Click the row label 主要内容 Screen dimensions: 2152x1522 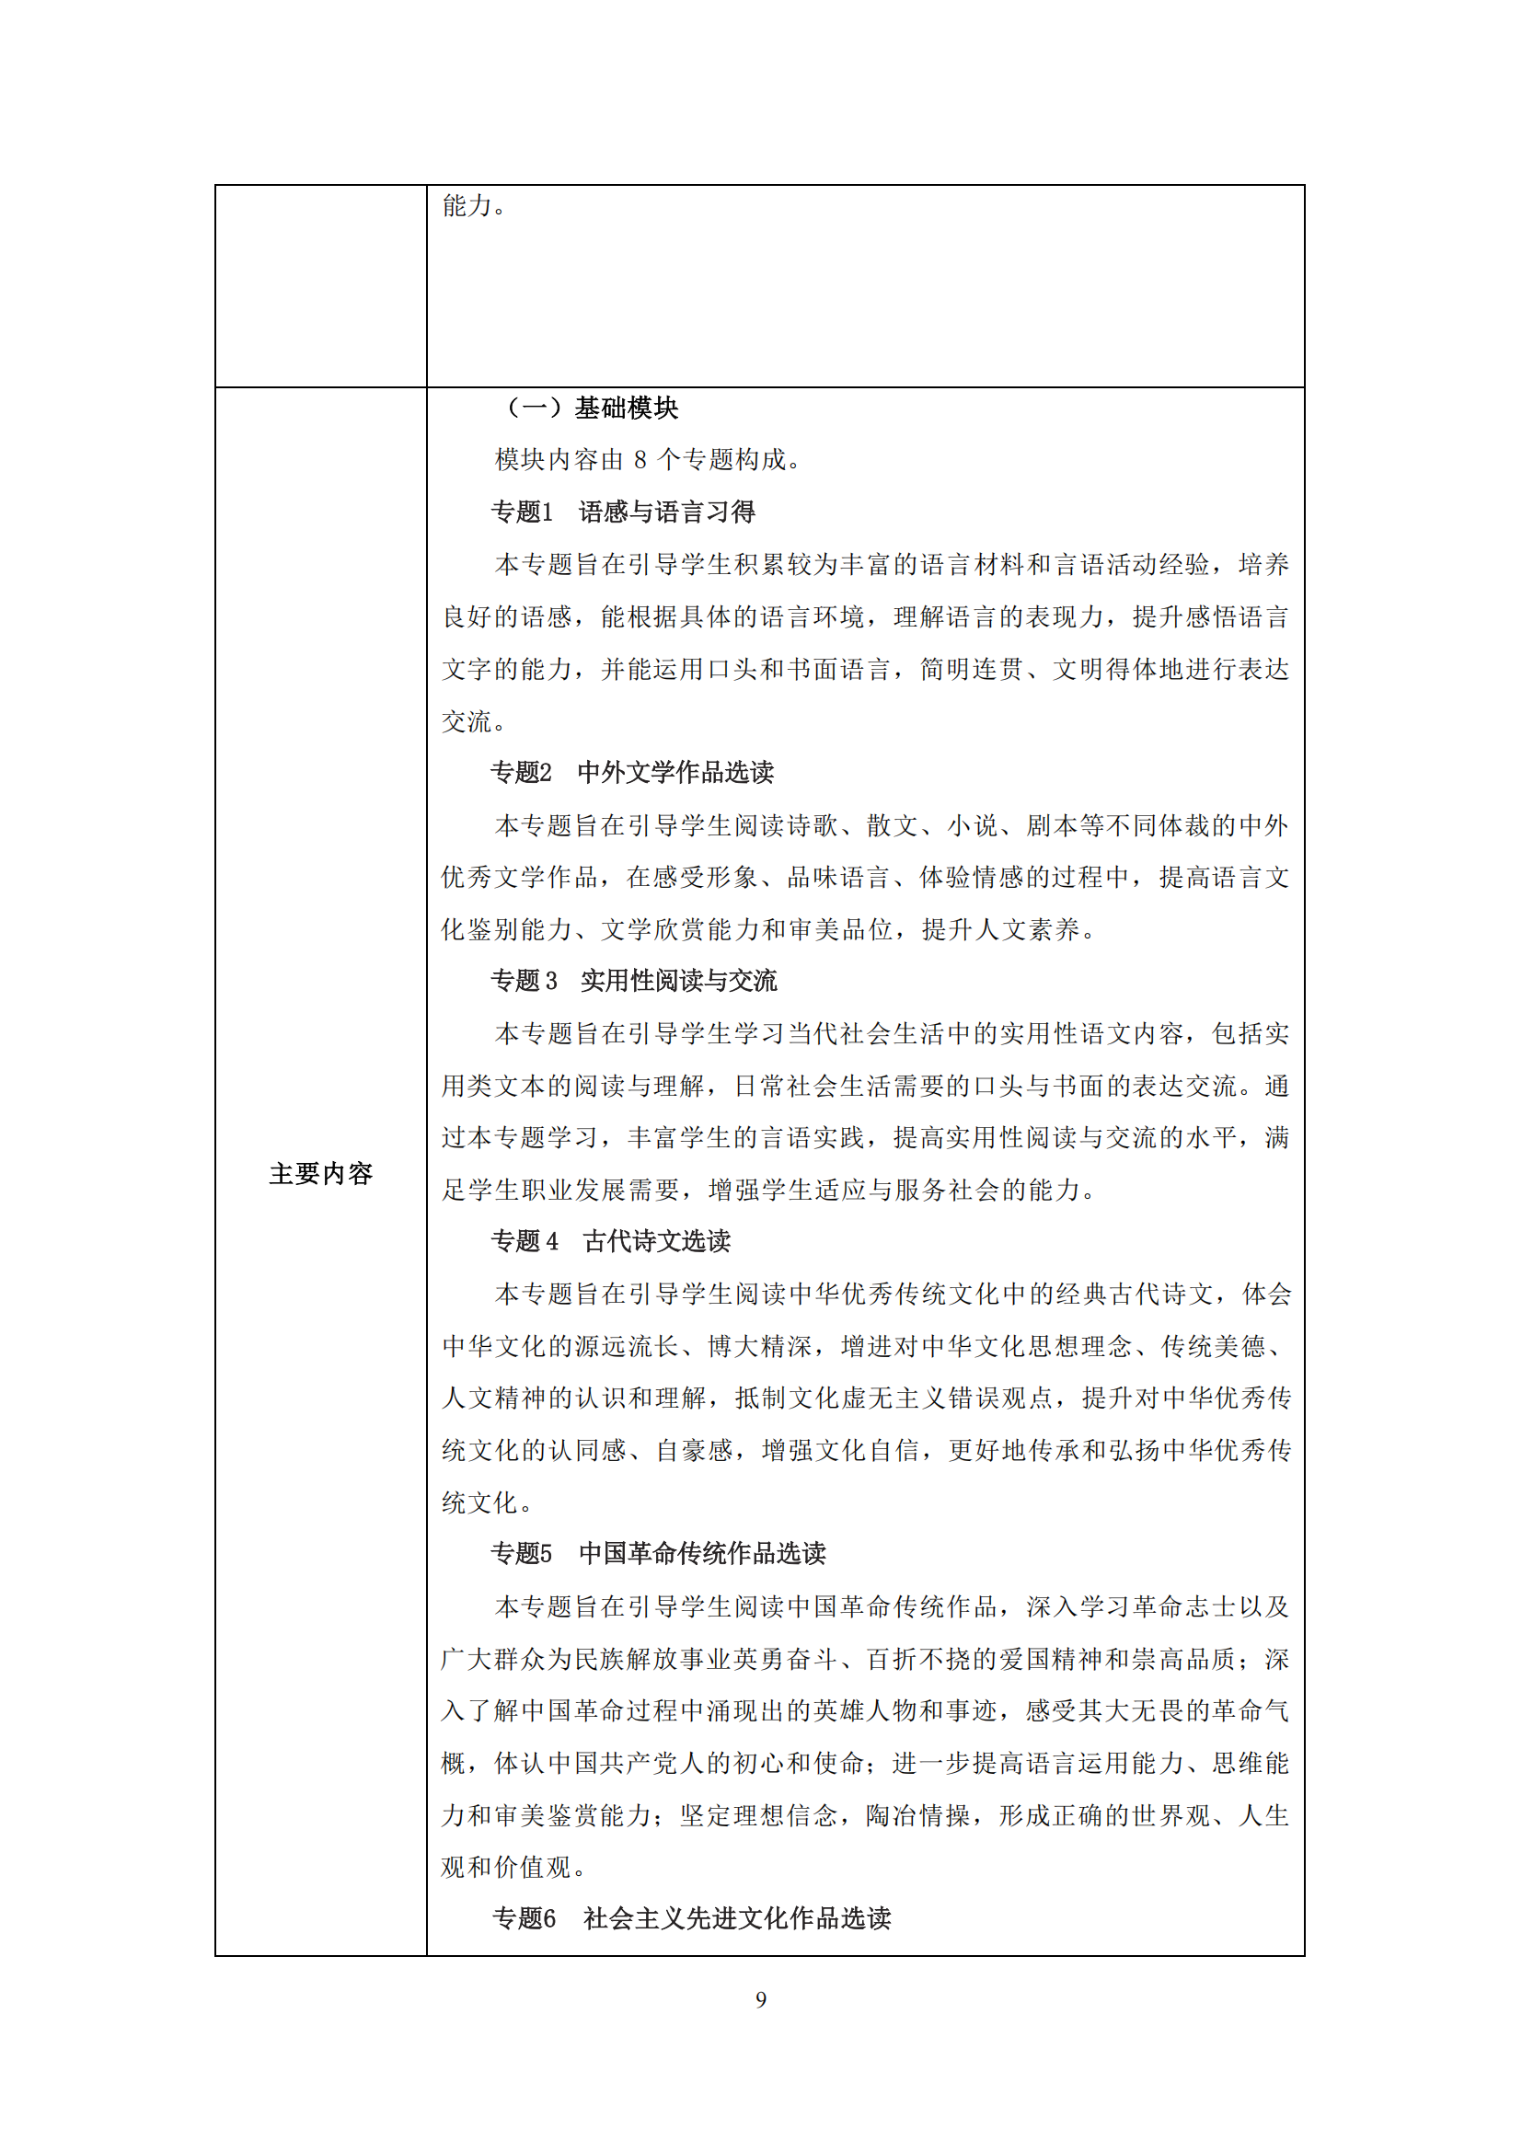click(x=320, y=1173)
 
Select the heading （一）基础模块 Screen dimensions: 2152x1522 click(x=593, y=408)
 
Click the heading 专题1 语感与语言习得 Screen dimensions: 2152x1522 click(x=623, y=512)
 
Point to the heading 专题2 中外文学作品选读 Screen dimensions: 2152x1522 click(x=632, y=772)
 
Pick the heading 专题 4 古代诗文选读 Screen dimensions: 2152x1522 click(x=611, y=1241)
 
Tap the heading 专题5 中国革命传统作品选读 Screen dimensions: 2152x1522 click(x=659, y=1553)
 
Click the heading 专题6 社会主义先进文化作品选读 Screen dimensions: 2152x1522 click(x=692, y=1918)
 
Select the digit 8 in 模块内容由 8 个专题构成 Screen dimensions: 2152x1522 click(x=640, y=460)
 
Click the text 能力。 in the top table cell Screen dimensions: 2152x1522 click(x=475, y=206)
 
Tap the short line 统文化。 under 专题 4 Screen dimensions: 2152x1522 click(x=489, y=1502)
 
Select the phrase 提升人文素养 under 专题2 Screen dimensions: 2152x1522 click(x=1000, y=930)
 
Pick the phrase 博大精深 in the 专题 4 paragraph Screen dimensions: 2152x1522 click(x=760, y=1346)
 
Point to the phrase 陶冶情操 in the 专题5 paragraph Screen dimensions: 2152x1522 click(x=917, y=1815)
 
